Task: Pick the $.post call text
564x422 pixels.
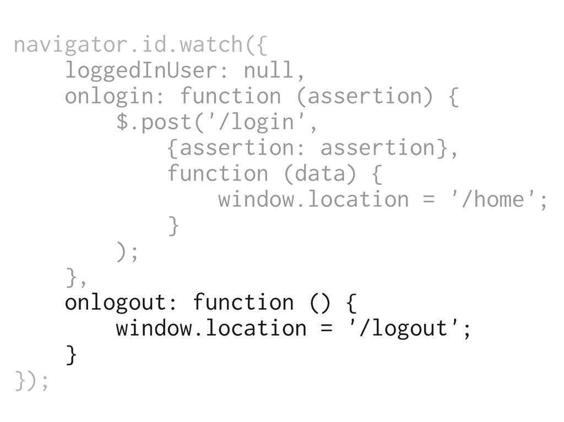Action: pyautogui.click(x=153, y=122)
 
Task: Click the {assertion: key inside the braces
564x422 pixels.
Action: pyautogui.click(x=237, y=148)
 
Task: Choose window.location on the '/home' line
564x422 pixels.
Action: pyautogui.click(x=313, y=199)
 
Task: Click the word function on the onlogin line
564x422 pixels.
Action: pyautogui.click(x=230, y=96)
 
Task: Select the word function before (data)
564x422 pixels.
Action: pyautogui.click(x=217, y=173)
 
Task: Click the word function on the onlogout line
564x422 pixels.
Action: pyautogui.click(x=243, y=302)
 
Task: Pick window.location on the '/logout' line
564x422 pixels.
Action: pyautogui.click(x=211, y=328)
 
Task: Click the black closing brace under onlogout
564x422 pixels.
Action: pyautogui.click(x=70, y=354)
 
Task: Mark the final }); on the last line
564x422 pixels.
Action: pyautogui.click(x=32, y=380)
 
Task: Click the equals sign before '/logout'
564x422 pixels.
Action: pyautogui.click(x=327, y=328)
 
